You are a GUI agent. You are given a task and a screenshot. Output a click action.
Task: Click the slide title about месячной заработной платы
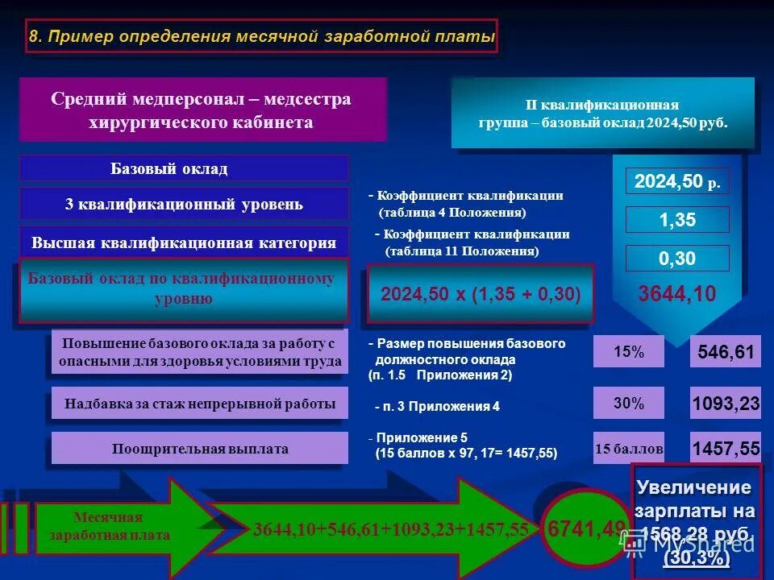(261, 37)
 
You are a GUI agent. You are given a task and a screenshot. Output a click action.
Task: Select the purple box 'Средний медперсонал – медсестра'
(202, 110)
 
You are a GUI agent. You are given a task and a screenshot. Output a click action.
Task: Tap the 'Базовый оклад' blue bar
(184, 168)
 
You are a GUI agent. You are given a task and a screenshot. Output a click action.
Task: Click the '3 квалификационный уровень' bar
(184, 204)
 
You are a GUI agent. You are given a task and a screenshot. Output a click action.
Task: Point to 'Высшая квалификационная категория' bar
(184, 242)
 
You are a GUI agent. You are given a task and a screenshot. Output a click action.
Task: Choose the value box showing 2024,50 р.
(677, 182)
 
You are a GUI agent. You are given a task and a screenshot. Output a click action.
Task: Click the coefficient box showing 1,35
(677, 220)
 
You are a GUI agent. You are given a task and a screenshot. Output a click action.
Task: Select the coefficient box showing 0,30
(677, 259)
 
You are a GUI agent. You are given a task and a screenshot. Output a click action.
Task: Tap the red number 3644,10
(677, 293)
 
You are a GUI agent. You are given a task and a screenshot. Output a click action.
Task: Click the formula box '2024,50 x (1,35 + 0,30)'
(481, 294)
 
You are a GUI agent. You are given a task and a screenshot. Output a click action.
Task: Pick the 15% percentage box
(629, 352)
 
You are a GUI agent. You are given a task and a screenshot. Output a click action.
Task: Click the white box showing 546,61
(726, 352)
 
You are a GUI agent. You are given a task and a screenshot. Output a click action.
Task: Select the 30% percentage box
(629, 404)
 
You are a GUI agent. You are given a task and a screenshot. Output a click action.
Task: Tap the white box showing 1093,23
(726, 404)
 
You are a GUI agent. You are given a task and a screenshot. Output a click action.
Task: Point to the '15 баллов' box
(629, 449)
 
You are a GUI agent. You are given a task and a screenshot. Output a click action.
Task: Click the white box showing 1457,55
(726, 449)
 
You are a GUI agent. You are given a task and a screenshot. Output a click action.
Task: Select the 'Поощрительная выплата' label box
(199, 449)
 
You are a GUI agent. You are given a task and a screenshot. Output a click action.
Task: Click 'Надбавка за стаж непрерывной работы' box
(199, 404)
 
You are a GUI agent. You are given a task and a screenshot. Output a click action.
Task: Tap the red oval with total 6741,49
(584, 528)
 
